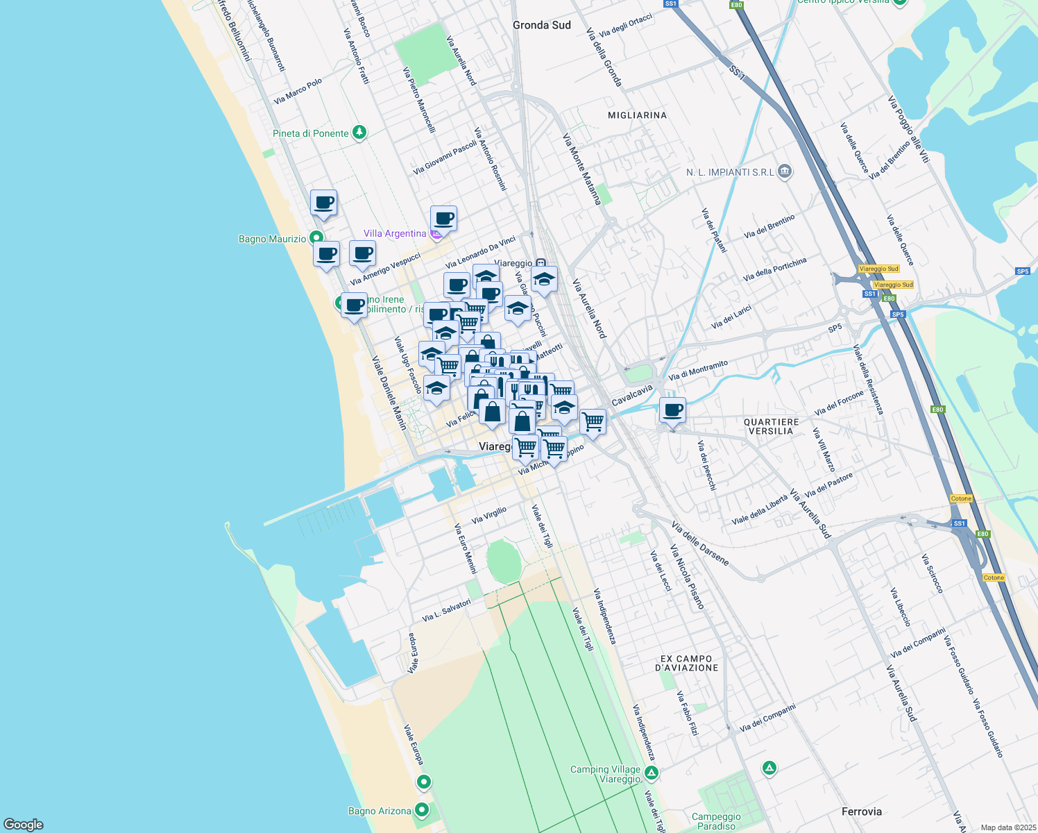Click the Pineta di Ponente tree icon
[359, 132]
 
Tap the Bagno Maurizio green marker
[316, 237]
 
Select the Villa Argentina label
[395, 233]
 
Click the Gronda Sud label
[541, 25]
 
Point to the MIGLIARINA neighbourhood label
[637, 115]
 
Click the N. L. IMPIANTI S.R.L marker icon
[785, 171]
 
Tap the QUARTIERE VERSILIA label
[771, 426]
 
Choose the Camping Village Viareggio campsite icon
[651, 773]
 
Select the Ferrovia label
[861, 811]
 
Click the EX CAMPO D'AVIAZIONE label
[686, 663]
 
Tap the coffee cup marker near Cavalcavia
[672, 410]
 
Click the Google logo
[24, 825]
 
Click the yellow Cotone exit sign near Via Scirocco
[994, 578]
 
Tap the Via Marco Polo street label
[298, 92]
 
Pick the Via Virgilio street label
[489, 515]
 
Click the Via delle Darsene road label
[700, 546]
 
